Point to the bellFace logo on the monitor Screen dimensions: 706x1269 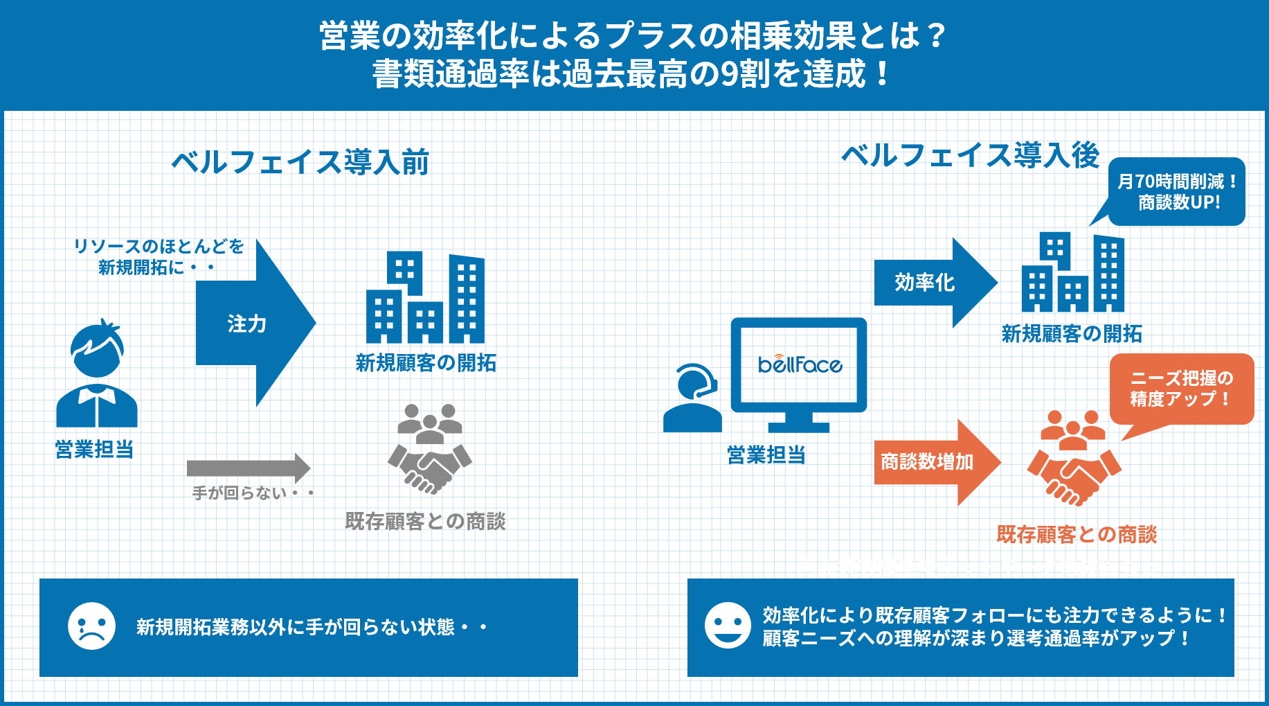click(x=800, y=364)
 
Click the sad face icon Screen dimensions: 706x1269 click(x=91, y=626)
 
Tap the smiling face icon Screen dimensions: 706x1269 click(x=728, y=625)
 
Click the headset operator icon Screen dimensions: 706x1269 click(x=693, y=398)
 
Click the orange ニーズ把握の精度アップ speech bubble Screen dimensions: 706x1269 click(x=1182, y=389)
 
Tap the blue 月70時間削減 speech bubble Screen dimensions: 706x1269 click(x=1177, y=192)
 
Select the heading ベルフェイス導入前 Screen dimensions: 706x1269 click(x=300, y=162)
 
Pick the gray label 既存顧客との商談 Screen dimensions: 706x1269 click(x=425, y=521)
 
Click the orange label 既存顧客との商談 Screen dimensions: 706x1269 click(x=1077, y=534)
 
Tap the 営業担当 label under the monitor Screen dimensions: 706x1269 click(x=766, y=455)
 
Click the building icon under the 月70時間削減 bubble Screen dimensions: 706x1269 click(x=1073, y=273)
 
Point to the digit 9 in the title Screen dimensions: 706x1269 click(x=729, y=74)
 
